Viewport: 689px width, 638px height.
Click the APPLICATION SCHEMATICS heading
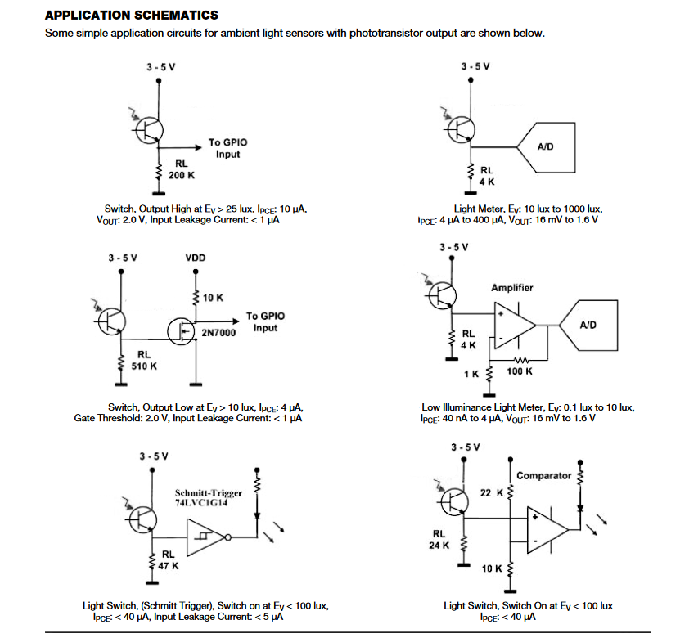(x=131, y=15)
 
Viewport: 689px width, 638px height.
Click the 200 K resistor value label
(x=182, y=175)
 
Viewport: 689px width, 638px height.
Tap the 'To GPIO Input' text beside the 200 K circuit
(x=227, y=148)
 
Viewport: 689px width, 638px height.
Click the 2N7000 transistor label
(x=218, y=333)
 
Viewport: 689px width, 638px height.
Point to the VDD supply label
(x=196, y=258)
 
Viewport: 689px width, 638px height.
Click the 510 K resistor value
(x=145, y=366)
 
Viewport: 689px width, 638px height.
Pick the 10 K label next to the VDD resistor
(x=213, y=298)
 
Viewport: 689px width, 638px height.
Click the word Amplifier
(x=511, y=288)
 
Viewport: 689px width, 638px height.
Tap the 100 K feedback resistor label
(x=520, y=371)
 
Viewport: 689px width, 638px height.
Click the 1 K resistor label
(x=471, y=373)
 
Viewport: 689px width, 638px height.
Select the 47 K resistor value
(x=168, y=565)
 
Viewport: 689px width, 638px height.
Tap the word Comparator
(x=543, y=475)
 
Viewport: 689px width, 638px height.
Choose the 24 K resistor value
(x=440, y=546)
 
